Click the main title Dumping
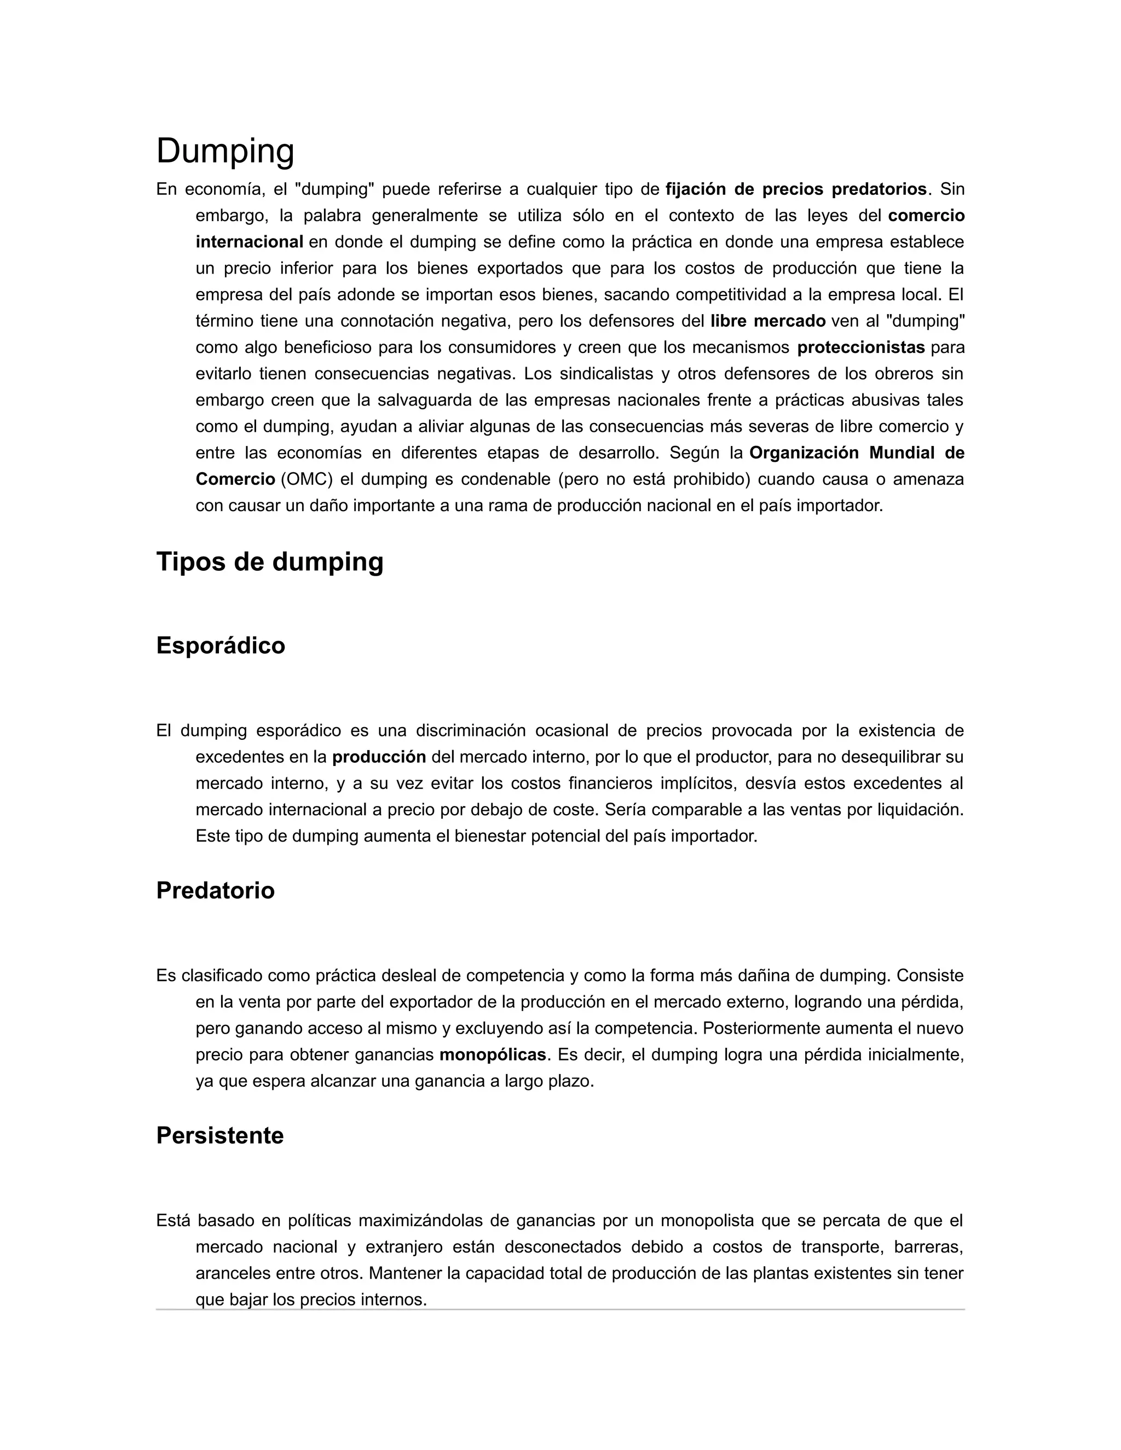click(225, 152)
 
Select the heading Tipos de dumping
click(270, 562)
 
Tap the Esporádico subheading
click(221, 645)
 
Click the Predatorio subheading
click(215, 890)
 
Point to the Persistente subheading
click(220, 1135)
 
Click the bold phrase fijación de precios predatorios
click(795, 189)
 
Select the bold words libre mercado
click(768, 321)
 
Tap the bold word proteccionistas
click(860, 347)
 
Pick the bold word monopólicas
click(493, 1055)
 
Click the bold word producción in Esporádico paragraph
click(379, 757)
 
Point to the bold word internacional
click(249, 242)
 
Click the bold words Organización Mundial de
click(857, 453)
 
